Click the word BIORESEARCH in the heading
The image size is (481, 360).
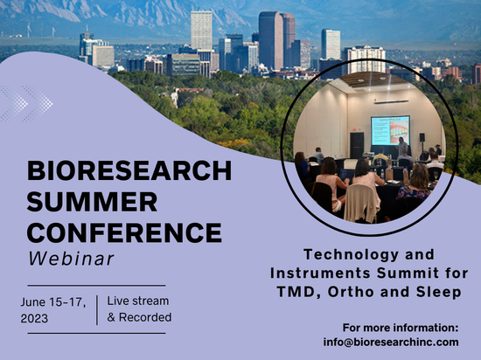(x=129, y=170)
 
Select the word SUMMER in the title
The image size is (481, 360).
(x=92, y=202)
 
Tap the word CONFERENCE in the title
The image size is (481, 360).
(x=124, y=232)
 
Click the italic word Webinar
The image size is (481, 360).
(x=71, y=259)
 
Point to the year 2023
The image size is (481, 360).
(x=34, y=318)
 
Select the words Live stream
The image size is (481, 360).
(x=138, y=301)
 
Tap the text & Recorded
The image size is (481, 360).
(x=139, y=317)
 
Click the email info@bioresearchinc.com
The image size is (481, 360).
(x=391, y=342)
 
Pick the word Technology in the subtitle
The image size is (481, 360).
(x=352, y=255)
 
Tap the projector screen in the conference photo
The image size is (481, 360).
(x=391, y=130)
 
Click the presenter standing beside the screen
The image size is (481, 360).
(x=401, y=147)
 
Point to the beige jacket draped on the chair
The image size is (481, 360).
(x=361, y=203)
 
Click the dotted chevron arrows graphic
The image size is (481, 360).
(x=26, y=104)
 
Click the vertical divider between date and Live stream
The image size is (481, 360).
(x=97, y=310)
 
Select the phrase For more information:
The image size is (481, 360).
(x=401, y=328)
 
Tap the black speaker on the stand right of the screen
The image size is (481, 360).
(x=422, y=137)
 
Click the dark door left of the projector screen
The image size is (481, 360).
(x=357, y=145)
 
